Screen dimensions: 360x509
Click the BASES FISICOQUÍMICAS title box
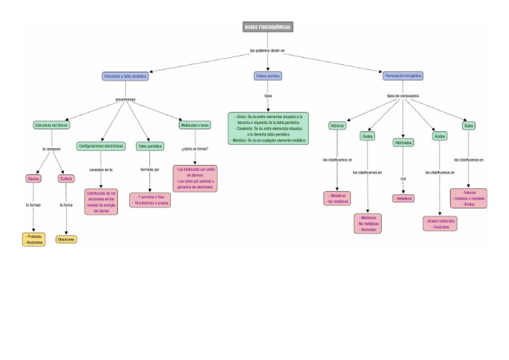(267, 27)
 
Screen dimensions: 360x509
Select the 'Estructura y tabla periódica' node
(125, 76)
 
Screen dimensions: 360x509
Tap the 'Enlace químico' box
(268, 76)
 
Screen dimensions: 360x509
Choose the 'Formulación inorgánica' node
(403, 76)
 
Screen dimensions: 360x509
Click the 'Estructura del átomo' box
(51, 125)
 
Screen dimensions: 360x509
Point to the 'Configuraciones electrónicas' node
(101, 146)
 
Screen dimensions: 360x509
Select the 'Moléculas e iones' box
(195, 125)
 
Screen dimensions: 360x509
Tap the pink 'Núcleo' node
(33, 178)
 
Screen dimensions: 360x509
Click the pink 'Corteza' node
(66, 178)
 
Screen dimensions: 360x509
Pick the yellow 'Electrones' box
(66, 239)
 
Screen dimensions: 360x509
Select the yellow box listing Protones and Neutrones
(33, 239)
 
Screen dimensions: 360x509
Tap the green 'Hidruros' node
(337, 125)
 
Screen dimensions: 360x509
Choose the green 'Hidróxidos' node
(403, 142)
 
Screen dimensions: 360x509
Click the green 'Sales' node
(469, 125)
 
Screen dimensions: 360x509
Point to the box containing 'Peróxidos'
(368, 223)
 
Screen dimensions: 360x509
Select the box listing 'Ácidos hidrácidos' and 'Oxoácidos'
(440, 223)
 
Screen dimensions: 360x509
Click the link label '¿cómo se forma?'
(195, 149)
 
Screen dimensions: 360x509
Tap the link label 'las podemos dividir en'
(267, 50)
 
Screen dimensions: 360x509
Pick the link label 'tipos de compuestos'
(403, 95)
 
